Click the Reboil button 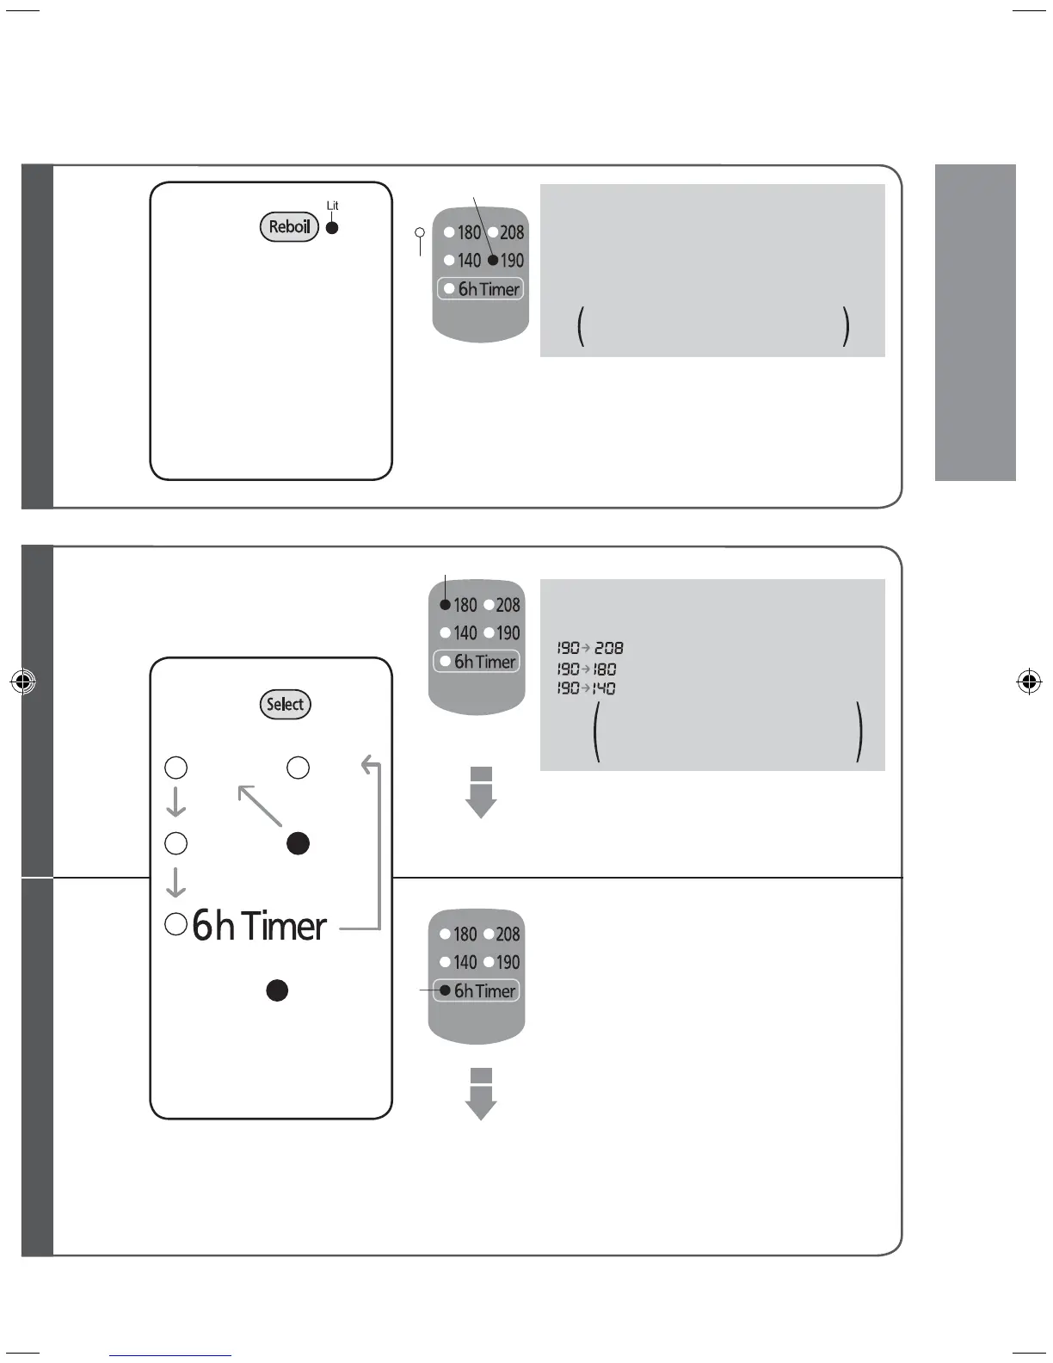point(289,227)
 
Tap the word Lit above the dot point(332,206)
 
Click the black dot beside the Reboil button point(332,228)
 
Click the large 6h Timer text point(259,926)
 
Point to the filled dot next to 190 point(493,261)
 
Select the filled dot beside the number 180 point(445,605)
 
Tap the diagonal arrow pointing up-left point(260,805)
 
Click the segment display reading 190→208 point(589,648)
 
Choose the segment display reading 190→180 point(586,669)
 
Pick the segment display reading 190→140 point(586,688)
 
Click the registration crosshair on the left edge point(24,682)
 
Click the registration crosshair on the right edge point(1028,682)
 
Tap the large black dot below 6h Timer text point(277,990)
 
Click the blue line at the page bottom point(170,1355)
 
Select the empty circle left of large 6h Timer point(175,924)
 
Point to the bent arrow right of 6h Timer point(372,843)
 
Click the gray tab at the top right point(975,322)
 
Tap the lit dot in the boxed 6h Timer point(445,990)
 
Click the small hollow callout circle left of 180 point(420,232)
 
